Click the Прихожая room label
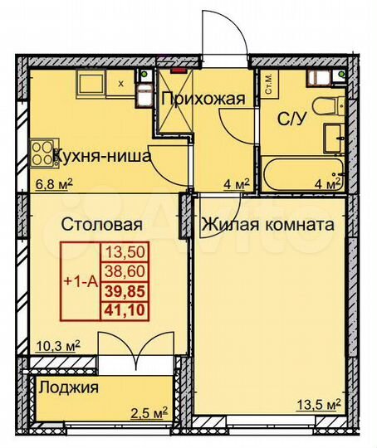[x=203, y=100]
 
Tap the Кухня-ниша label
[x=101, y=154]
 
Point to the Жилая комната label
[x=266, y=224]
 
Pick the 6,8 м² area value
[x=50, y=184]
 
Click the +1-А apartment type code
[x=81, y=281]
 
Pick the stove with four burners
[x=40, y=153]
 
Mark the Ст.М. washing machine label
[x=270, y=85]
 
